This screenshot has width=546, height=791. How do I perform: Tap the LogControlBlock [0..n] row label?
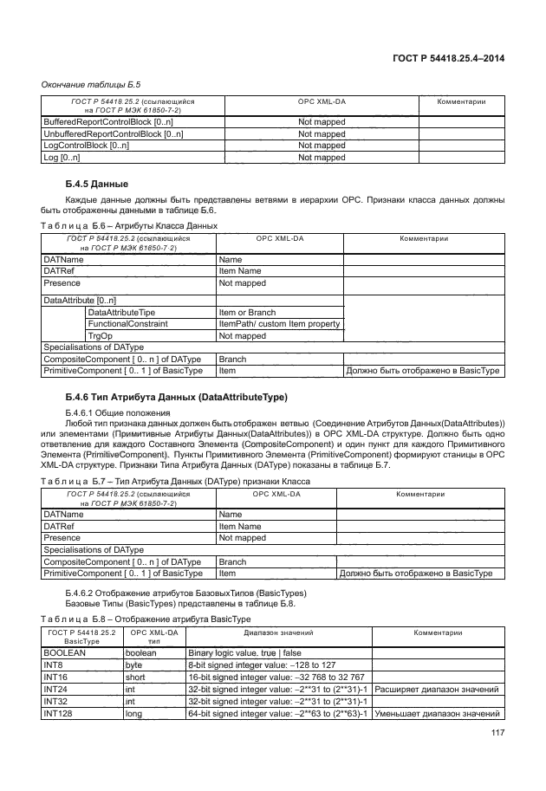tap(86, 146)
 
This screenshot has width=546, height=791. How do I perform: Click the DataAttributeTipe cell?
tap(122, 312)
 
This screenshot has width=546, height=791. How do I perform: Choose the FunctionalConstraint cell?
tap(128, 324)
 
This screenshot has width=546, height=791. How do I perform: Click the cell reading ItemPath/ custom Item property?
tap(279, 324)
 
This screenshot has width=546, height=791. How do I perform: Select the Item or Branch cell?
tap(248, 312)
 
